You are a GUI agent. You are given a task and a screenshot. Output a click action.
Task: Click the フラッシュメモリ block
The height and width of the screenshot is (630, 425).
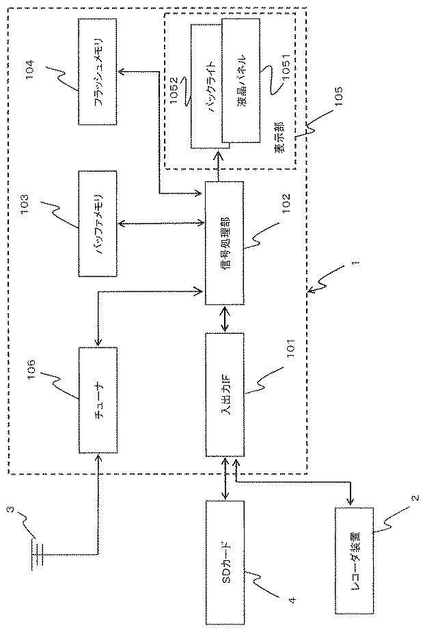point(99,72)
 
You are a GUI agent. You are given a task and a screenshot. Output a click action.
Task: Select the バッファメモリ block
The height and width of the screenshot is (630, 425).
point(99,224)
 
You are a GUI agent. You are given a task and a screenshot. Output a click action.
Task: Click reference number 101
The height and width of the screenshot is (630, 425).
point(288,349)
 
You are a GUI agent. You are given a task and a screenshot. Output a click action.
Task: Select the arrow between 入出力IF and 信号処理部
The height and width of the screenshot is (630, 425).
point(225,318)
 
